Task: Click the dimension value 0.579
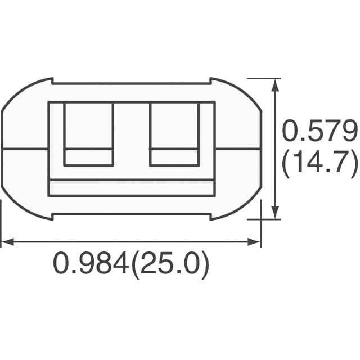(319, 133)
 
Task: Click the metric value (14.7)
(319, 164)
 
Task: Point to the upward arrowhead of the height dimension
(275, 85)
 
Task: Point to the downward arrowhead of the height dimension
(275, 213)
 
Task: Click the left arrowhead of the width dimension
(7, 242)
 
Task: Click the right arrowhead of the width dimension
(255, 242)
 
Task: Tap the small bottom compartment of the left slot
(89, 157)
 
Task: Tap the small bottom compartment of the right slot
(174, 157)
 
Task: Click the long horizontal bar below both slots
(131, 187)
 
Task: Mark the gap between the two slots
(132, 135)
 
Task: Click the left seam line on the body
(25, 149)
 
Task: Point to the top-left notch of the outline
(52, 81)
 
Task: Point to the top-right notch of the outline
(210, 81)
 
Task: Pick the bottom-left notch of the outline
(52, 217)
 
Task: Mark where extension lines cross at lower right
(261, 219)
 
